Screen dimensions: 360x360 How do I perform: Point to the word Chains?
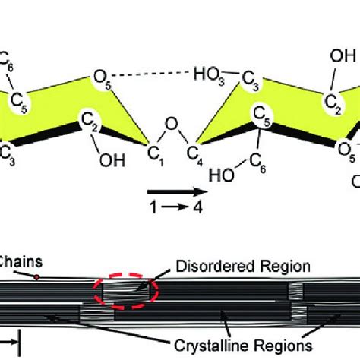(22, 261)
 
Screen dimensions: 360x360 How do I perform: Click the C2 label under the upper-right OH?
(331, 104)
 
